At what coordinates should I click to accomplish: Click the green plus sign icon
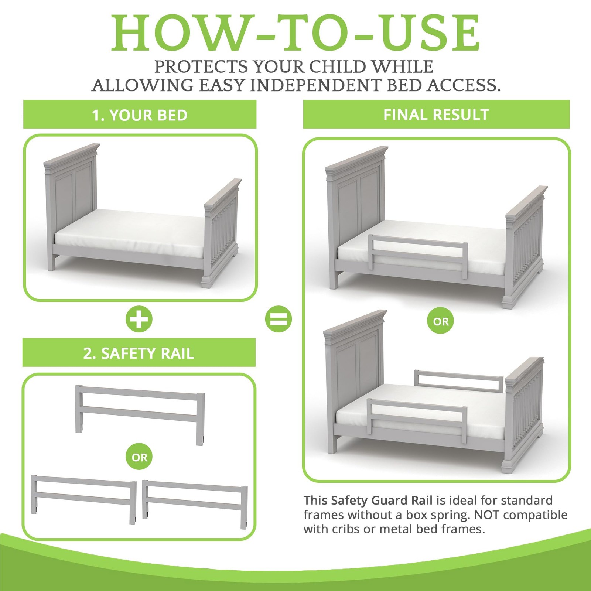pyautogui.click(x=139, y=319)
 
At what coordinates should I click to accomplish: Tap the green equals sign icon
pyautogui.click(x=279, y=319)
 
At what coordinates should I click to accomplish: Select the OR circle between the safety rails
pyautogui.click(x=139, y=457)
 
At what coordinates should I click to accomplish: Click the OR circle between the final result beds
pyautogui.click(x=441, y=321)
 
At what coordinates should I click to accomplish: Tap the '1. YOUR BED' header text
pyautogui.click(x=140, y=115)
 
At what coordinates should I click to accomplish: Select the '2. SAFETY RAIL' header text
pyautogui.click(x=139, y=353)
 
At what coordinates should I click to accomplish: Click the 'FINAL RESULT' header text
pyautogui.click(x=436, y=115)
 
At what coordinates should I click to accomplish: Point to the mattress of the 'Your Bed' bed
pyautogui.click(x=129, y=233)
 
